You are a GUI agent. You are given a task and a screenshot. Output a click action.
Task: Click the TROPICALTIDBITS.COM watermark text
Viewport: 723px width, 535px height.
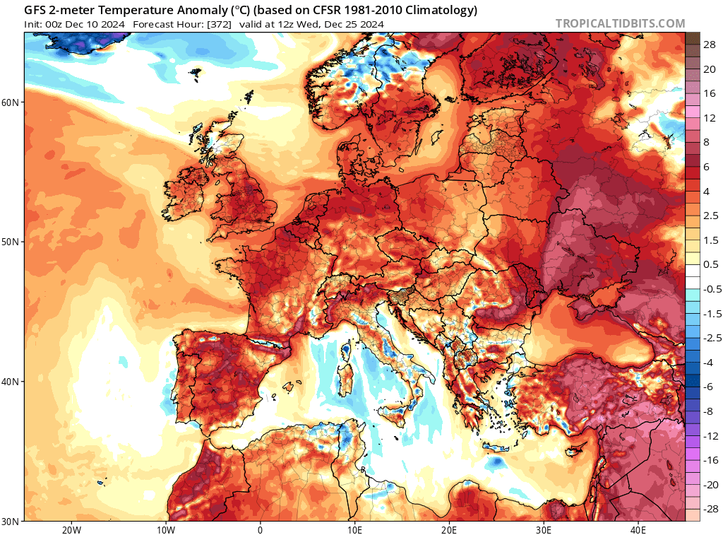click(620, 23)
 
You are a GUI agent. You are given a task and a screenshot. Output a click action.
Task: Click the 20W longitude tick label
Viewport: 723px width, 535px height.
click(71, 529)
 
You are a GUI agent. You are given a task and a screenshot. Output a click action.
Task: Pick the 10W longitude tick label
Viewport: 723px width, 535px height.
click(165, 529)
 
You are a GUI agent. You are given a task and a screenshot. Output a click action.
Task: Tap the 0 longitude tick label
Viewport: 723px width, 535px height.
click(260, 529)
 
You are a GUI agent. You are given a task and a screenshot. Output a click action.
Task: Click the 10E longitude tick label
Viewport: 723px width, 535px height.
click(354, 529)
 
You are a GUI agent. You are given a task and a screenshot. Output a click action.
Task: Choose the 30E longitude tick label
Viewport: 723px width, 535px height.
click(544, 529)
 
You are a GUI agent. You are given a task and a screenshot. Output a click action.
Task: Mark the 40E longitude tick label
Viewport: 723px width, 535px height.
click(638, 529)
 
